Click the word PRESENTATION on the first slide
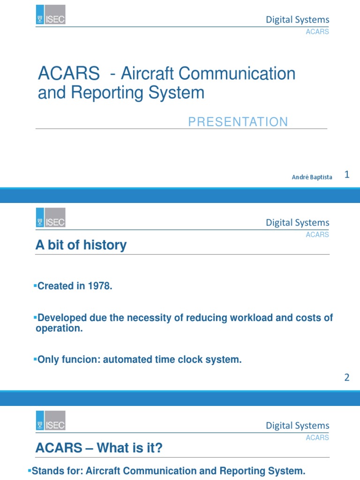coord(238,122)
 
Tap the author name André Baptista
coord(312,177)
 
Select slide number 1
coord(347,175)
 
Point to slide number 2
coord(347,377)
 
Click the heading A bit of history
coord(81,245)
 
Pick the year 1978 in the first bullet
coord(100,286)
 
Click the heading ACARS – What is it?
coord(99,449)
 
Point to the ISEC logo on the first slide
coord(51,15)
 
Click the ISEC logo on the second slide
coord(51,217)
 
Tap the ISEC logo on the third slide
coord(51,420)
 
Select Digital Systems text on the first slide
coord(298,20)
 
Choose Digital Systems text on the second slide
coord(298,223)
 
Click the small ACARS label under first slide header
coord(317,32)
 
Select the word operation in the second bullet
coord(59,329)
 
